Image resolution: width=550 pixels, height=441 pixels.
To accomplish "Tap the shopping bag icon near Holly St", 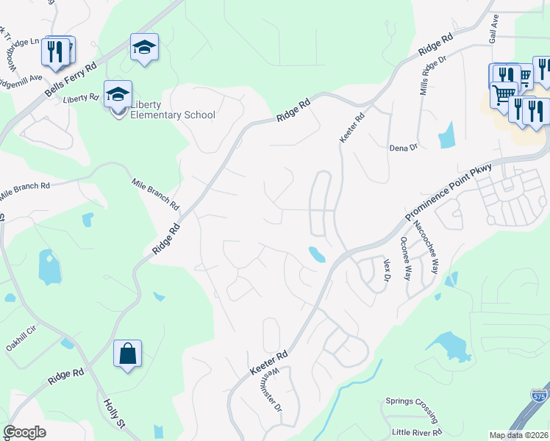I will point(127,354).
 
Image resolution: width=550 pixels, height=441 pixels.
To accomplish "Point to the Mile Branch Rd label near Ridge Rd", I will point(155,193).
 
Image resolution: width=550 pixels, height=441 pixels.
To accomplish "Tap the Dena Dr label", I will point(403,148).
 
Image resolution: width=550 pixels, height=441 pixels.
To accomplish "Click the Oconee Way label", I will point(405,258).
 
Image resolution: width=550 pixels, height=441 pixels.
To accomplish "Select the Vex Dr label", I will point(385,269).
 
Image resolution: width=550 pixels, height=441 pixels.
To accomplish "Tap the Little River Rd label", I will point(416,431).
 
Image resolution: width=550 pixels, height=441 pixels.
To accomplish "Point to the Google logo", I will point(24,432).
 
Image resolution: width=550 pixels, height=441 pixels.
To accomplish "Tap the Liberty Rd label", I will point(81,98).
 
